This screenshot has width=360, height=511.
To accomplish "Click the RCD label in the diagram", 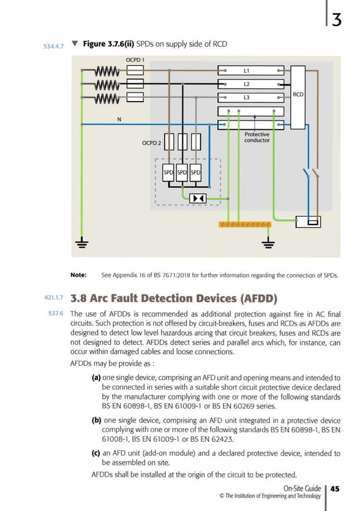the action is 298,95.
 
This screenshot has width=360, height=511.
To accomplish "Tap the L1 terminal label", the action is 247,71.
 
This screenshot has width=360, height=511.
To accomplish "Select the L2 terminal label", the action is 247,84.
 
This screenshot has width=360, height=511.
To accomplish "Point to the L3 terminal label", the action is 247,98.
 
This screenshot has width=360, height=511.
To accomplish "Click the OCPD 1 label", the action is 135,60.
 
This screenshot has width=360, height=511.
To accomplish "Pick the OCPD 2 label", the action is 151,143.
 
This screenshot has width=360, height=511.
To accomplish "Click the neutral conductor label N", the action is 119,120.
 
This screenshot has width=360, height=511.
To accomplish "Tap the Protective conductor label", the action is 257,137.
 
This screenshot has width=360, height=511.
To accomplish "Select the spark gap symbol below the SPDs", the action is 197,198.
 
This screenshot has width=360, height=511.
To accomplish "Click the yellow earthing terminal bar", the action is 244,224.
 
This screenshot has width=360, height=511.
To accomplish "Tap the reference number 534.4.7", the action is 54,46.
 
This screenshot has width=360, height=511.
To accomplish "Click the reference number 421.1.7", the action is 54,298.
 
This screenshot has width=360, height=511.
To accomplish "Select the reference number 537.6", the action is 56,314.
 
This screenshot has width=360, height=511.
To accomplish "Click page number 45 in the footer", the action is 335,489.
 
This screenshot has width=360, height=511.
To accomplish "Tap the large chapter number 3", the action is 336,19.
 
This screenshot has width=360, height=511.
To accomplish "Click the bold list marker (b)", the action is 96,420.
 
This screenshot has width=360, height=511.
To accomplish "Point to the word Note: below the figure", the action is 78,275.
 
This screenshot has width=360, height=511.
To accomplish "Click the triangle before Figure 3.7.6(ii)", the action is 75,43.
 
